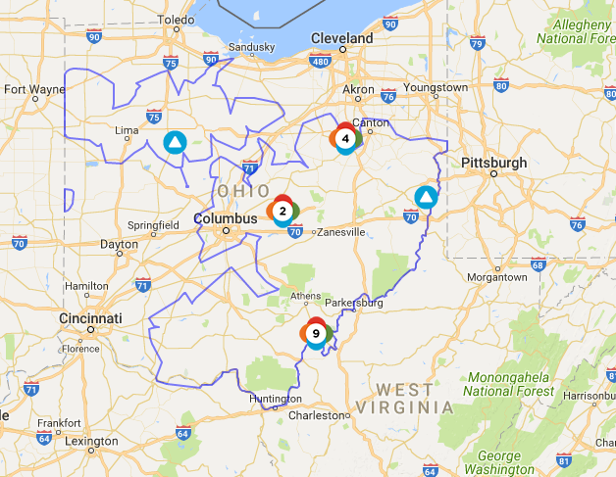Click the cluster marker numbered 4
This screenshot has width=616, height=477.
[x=345, y=139]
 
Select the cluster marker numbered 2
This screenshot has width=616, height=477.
[x=282, y=211]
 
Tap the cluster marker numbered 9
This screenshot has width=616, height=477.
[x=315, y=334]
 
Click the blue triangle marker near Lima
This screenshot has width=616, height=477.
[x=174, y=143]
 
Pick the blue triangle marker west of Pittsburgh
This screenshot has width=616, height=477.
[x=425, y=198]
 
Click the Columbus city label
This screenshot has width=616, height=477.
[x=225, y=218]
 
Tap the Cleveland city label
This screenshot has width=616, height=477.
[x=341, y=38]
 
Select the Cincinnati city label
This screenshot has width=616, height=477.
[x=89, y=319]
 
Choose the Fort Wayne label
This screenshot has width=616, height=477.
[x=34, y=89]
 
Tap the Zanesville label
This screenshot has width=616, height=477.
[x=338, y=232]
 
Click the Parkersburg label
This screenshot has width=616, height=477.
[x=353, y=303]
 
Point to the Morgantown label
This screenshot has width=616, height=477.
[x=495, y=277]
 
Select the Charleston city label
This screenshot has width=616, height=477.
[x=318, y=415]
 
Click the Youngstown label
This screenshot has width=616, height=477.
[x=436, y=87]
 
